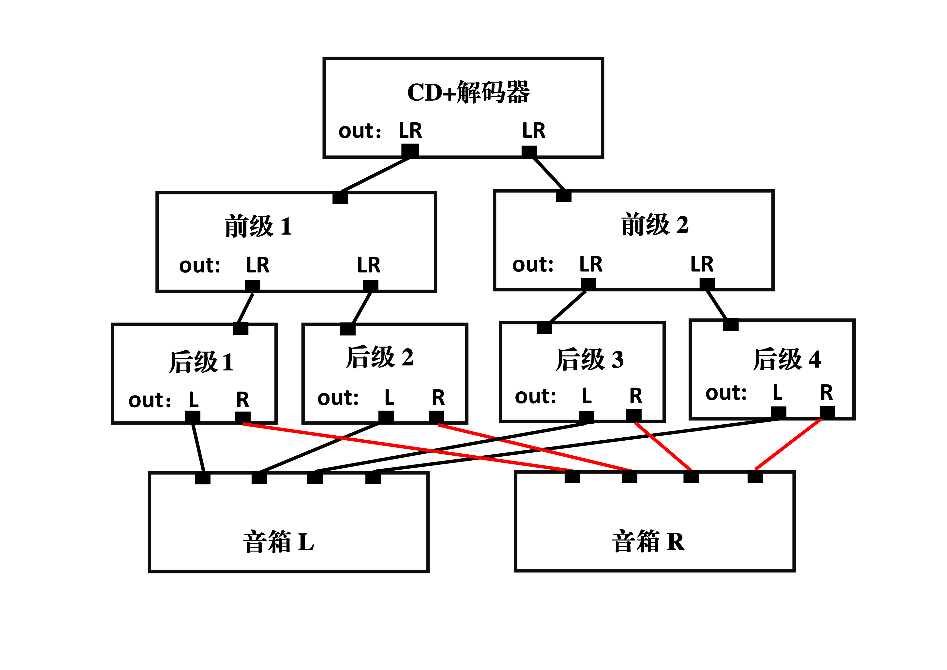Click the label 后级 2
click(379, 357)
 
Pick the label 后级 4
click(787, 359)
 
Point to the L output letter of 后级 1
click(194, 399)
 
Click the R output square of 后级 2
click(436, 417)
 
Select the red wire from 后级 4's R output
click(788, 445)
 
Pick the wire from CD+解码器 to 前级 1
click(375, 174)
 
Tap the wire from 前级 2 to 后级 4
click(716, 305)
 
